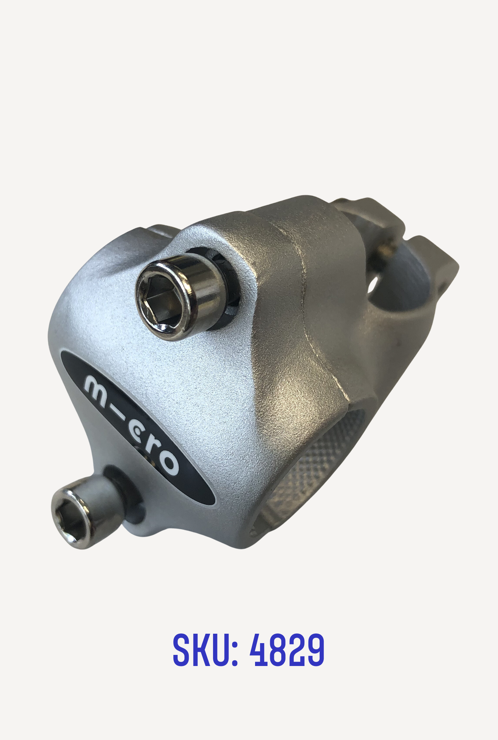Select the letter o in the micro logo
(167, 463)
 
